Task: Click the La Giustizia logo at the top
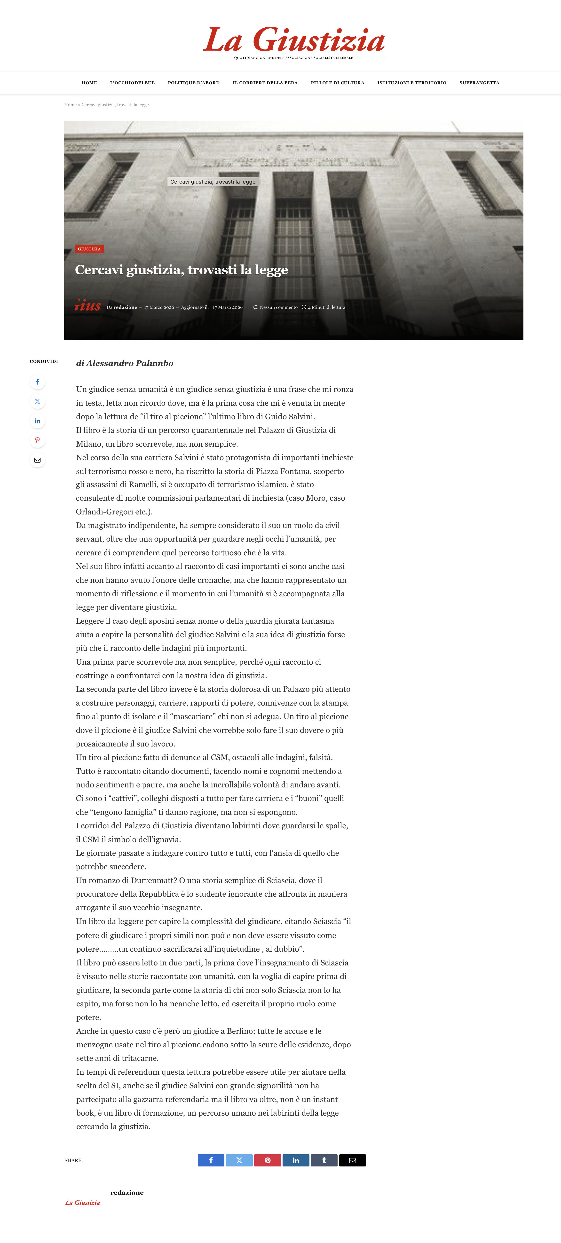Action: [293, 41]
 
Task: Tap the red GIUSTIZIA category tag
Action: [89, 249]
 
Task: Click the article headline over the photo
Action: [182, 270]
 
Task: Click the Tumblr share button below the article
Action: [324, 1160]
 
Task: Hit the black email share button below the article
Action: [352, 1160]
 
